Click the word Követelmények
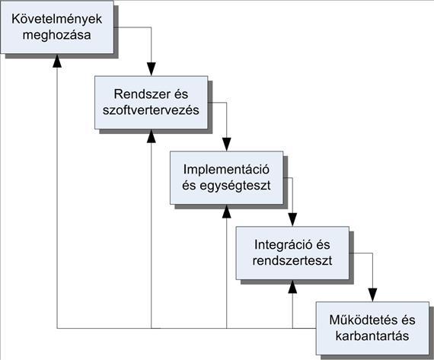click(x=57, y=19)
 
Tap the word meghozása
click(x=57, y=36)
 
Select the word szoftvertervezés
click(x=151, y=110)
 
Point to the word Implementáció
click(x=226, y=170)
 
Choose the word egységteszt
click(x=235, y=186)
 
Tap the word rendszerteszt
click(x=292, y=261)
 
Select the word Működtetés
click(x=362, y=320)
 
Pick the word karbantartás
click(x=372, y=336)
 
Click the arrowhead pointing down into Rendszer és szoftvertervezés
click(x=151, y=69)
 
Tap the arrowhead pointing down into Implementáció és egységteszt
click(x=227, y=145)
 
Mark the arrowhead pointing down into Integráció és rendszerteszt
click(x=292, y=220)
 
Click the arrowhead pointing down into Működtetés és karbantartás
click(x=372, y=295)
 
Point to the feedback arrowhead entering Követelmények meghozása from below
click(x=57, y=61)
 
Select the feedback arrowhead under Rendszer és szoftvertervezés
click(x=151, y=136)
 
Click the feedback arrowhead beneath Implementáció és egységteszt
click(x=227, y=212)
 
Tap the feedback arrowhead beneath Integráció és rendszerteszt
click(x=292, y=287)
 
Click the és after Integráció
click(x=321, y=245)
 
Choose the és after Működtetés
click(x=407, y=320)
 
